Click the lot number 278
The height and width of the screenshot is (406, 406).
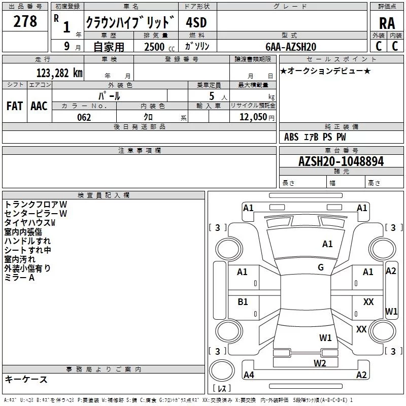tap(26, 21)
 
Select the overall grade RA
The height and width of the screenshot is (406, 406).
tap(387, 23)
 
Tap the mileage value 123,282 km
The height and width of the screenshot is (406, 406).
tap(59, 73)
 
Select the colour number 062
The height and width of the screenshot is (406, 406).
tap(84, 117)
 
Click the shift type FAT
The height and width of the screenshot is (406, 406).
tap(14, 106)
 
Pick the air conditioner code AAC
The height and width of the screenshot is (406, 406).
tap(39, 106)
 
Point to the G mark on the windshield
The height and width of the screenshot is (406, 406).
tap(321, 267)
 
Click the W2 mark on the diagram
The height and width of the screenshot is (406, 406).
tap(319, 363)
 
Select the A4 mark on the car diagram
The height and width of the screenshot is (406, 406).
tap(249, 375)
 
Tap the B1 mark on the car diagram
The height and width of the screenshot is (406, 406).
tap(243, 302)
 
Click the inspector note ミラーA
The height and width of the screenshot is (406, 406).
tap(19, 278)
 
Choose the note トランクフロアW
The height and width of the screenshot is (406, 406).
tap(36, 205)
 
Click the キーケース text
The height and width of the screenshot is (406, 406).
tap(26, 380)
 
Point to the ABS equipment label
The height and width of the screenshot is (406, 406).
tap(291, 137)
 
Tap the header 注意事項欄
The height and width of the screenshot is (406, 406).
tap(140, 151)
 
